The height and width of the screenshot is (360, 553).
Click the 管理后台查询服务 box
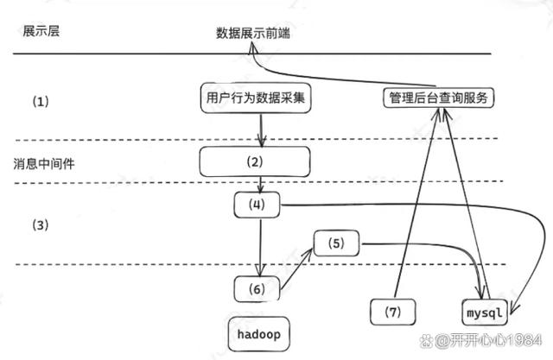[x=438, y=98]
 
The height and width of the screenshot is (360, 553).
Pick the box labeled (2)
[x=254, y=161]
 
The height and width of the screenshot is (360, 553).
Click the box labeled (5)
[x=335, y=244]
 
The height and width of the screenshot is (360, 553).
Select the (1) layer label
[x=42, y=101]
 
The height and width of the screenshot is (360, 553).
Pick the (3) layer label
[x=41, y=225]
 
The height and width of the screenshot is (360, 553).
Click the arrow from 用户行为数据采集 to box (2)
[x=260, y=129]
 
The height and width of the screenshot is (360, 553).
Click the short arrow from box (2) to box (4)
[x=260, y=184]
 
